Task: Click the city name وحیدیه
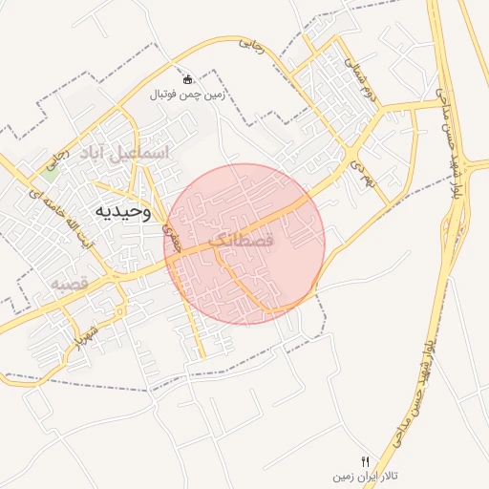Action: click(x=123, y=210)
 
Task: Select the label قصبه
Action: click(x=70, y=284)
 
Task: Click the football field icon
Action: click(x=187, y=79)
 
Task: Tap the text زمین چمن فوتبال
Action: click(x=186, y=95)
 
